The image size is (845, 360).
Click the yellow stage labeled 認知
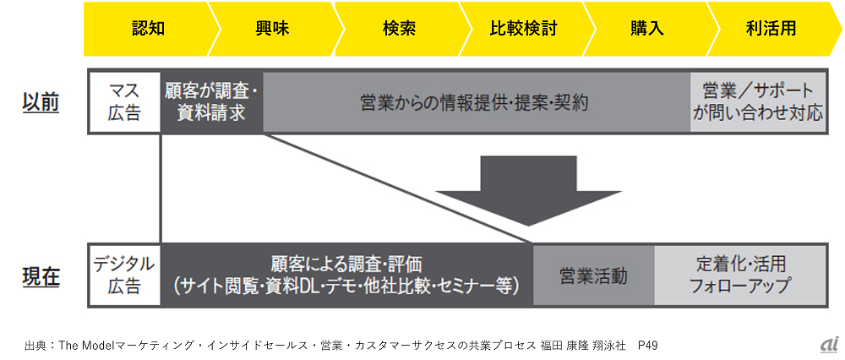pos(148,28)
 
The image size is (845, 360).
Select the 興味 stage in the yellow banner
pos(272,28)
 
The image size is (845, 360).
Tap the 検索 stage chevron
pos(398,28)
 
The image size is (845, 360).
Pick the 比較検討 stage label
pos(523,28)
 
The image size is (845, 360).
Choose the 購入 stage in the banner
pos(647,28)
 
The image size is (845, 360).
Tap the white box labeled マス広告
pos(124,101)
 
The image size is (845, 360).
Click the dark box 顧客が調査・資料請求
pos(211,101)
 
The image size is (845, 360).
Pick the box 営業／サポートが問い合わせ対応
pos(757,101)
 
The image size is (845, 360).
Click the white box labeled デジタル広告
pos(124,275)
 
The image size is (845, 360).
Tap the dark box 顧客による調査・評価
pos(346,275)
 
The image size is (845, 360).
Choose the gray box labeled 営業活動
pos(593,275)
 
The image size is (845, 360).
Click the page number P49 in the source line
pos(648,345)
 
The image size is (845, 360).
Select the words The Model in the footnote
pos(88,345)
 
